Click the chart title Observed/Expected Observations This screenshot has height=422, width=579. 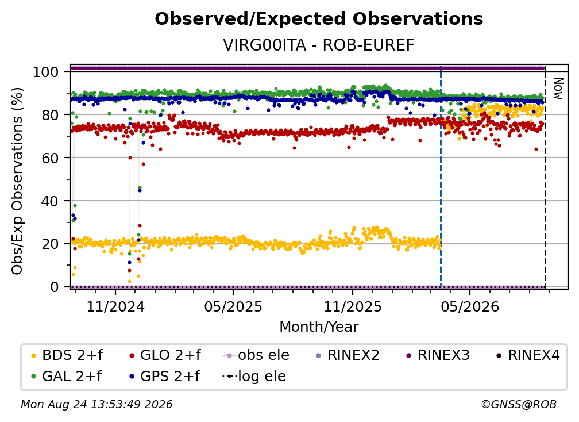coord(319,19)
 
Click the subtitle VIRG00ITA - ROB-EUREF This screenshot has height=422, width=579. coord(319,45)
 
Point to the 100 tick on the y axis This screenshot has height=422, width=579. coord(46,72)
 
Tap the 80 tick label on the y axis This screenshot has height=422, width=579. coord(50,115)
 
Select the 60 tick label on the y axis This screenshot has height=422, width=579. coord(50,158)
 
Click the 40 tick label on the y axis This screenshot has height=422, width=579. coord(50,201)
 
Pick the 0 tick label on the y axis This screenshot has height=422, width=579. coord(55,287)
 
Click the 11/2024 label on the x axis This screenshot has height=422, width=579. coord(115,306)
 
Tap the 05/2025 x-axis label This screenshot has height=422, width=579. coord(233,306)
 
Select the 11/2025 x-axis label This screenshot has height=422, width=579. coord(353,306)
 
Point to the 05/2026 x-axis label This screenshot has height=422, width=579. coord(470,306)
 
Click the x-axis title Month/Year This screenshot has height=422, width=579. coord(319,327)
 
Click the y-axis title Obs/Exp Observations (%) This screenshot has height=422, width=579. coord(17,181)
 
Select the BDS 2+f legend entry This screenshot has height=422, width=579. coord(67,355)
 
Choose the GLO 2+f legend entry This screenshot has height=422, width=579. coord(165,355)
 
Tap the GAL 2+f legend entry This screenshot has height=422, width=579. coord(67,377)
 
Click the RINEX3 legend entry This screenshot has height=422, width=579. coord(438,355)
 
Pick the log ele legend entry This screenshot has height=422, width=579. coord(254,377)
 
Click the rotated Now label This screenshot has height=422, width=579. coord(558,89)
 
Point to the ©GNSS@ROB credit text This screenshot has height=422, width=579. coord(519,405)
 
